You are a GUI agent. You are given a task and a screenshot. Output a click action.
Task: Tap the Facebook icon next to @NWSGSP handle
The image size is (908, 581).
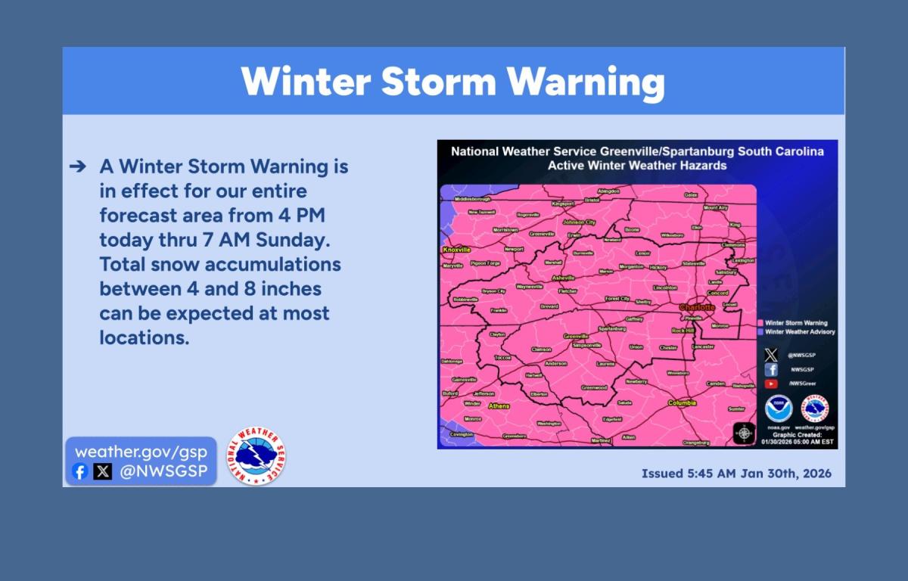click(80, 472)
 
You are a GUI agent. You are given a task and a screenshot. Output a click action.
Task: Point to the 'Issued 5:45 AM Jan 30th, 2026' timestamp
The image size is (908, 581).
click(736, 474)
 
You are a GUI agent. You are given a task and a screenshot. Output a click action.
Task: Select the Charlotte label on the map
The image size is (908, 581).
click(697, 307)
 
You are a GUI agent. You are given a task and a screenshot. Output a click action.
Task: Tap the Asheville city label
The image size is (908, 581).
click(563, 278)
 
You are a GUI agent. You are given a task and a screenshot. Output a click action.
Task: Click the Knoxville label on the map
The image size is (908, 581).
click(457, 249)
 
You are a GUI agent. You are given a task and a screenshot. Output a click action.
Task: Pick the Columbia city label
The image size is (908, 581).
click(682, 403)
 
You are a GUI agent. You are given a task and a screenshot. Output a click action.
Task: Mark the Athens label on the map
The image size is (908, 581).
click(499, 406)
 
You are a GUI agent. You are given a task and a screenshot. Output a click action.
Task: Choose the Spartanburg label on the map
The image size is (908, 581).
click(611, 329)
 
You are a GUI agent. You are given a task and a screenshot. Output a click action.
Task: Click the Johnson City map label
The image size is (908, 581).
click(580, 222)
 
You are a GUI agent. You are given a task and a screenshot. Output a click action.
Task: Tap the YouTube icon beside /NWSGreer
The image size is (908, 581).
click(771, 384)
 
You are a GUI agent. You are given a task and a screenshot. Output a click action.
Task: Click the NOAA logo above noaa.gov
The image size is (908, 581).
click(778, 409)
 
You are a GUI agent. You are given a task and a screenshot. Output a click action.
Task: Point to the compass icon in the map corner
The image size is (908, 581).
click(744, 433)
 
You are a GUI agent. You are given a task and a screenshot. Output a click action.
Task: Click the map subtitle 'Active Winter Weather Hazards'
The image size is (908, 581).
click(637, 165)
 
